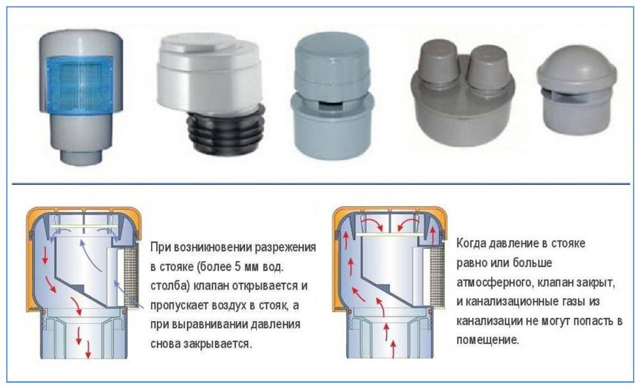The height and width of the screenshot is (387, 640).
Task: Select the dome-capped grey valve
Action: point(577,98)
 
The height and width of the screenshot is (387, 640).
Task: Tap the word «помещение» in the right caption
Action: point(488,340)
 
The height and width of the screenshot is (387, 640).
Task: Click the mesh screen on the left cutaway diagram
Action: point(131,279)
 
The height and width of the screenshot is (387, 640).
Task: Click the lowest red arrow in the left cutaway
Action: point(88,349)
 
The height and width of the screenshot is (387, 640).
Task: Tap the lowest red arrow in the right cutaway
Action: point(393,349)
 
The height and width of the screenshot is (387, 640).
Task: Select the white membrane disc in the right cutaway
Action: point(390,235)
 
